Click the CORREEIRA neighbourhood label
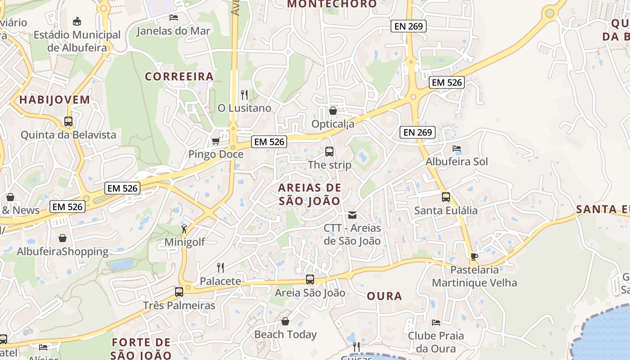[179, 76]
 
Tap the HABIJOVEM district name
[54, 100]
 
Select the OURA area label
[384, 296]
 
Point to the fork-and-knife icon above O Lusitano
[244, 94]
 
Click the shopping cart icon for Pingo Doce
[216, 141]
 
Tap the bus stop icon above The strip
[329, 152]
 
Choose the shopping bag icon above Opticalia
[333, 110]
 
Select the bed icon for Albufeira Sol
[457, 148]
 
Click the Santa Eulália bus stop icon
[446, 197]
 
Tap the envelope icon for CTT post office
[352, 215]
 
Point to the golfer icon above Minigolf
[184, 229]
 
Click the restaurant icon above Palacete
[220, 268]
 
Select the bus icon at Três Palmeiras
[179, 292]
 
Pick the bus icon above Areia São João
[310, 279]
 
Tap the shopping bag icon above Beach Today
[285, 321]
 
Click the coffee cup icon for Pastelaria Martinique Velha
[474, 256]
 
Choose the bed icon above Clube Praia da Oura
[436, 322]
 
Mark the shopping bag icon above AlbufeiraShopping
[63, 238]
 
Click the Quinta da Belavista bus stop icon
[68, 121]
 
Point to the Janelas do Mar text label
[173, 31]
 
